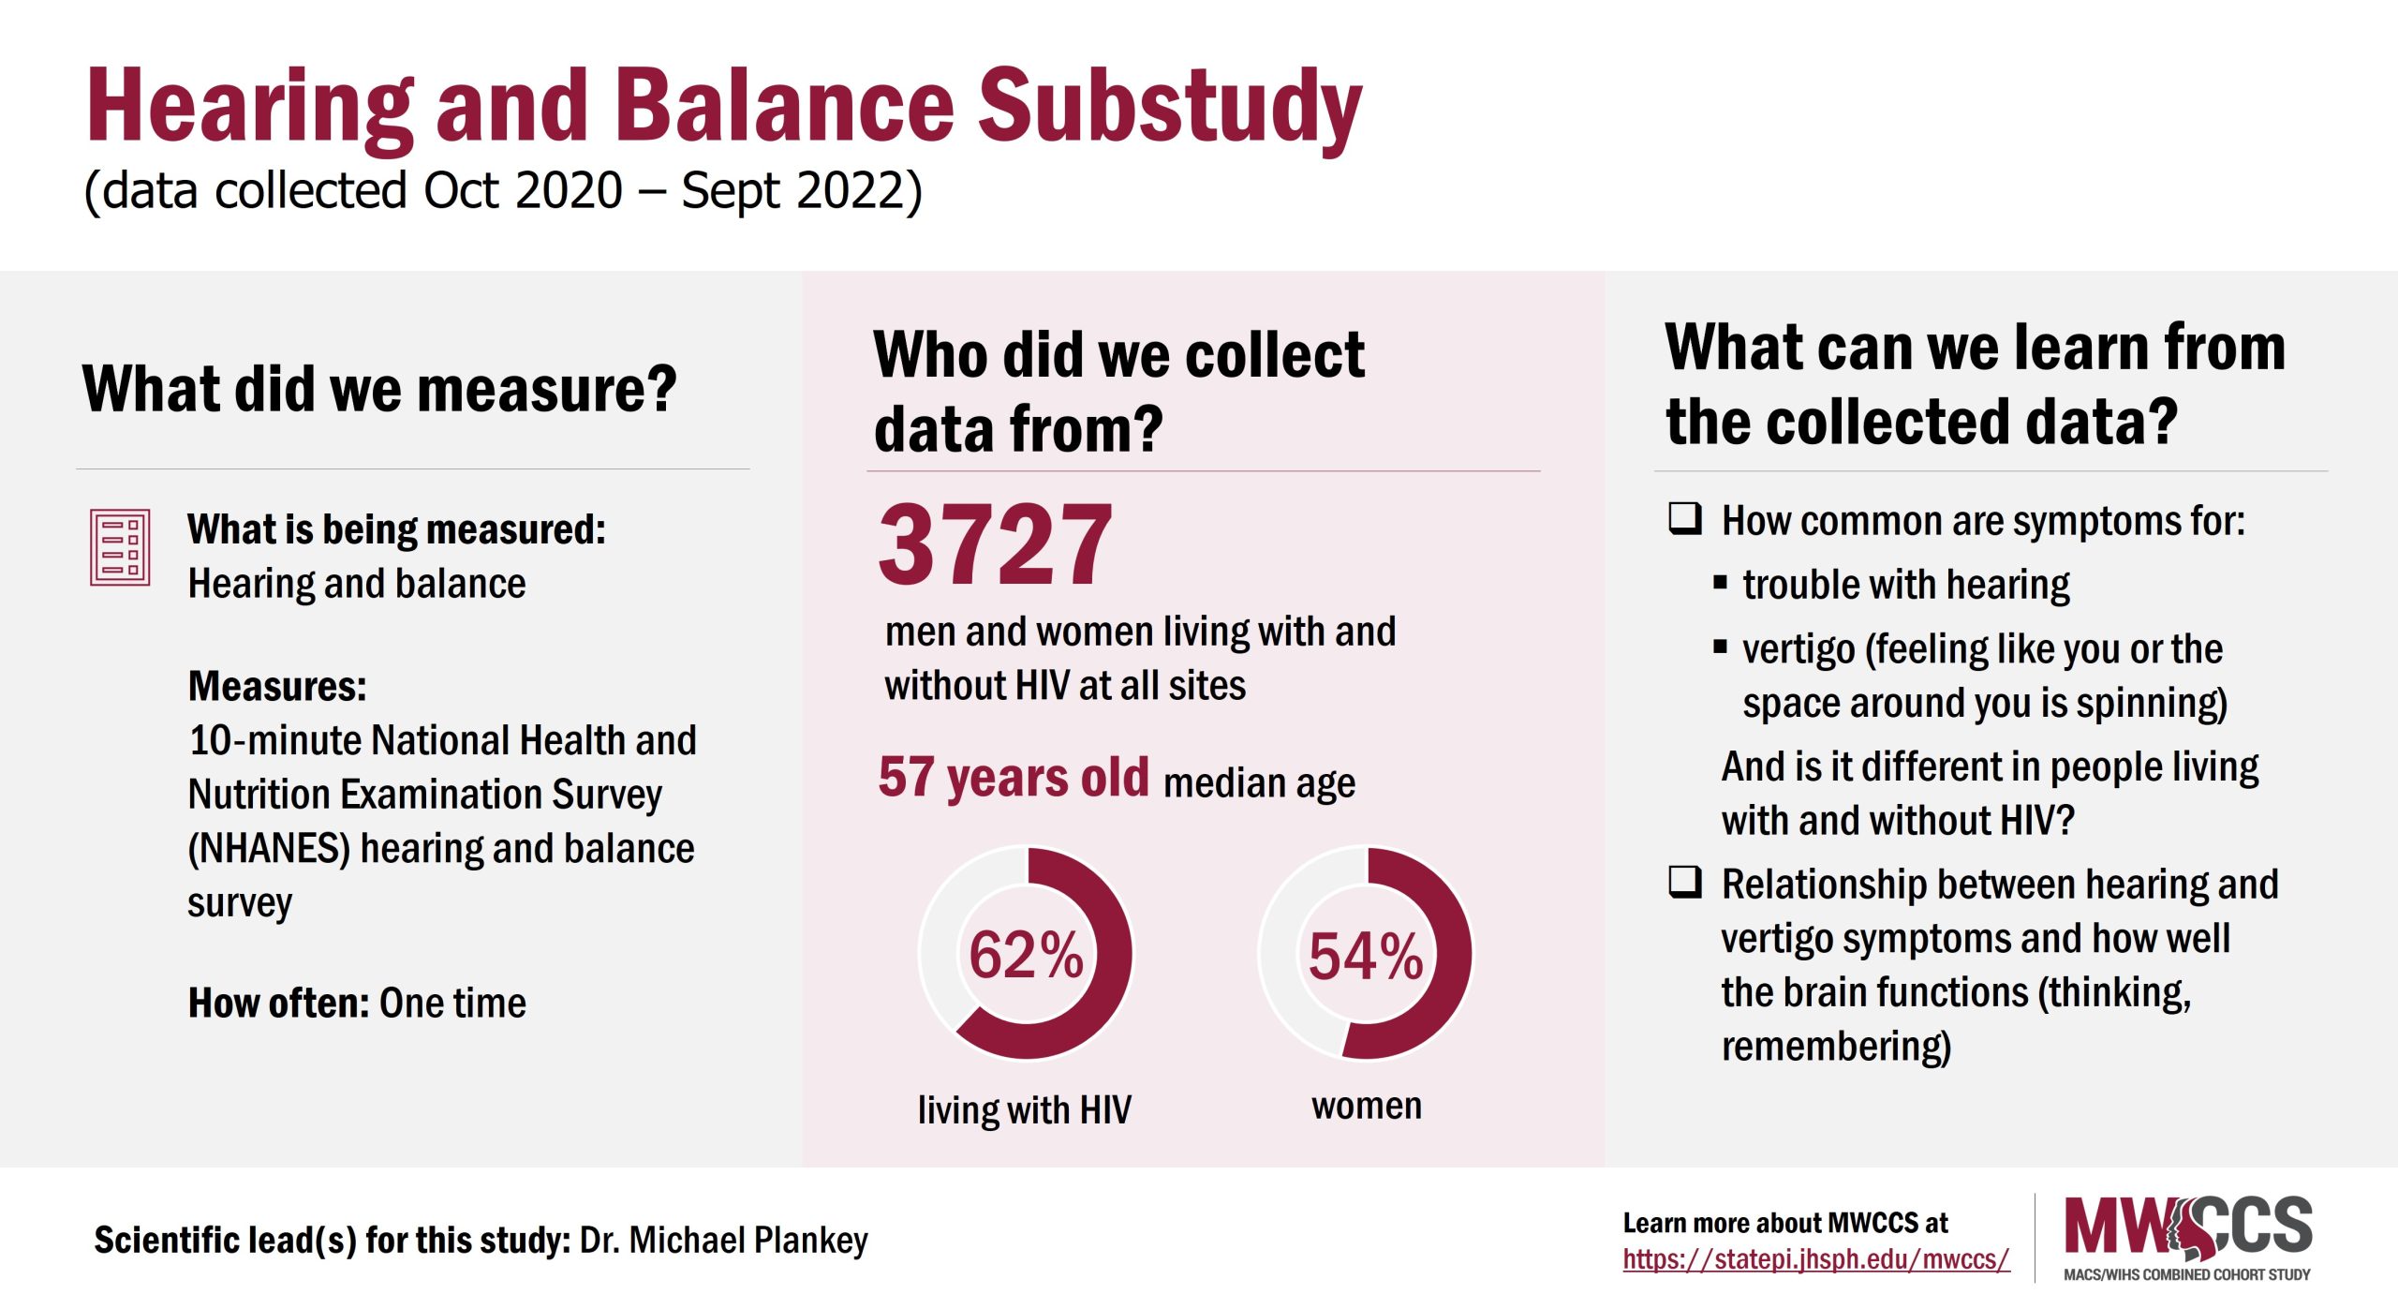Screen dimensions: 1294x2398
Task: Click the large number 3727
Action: [x=995, y=546]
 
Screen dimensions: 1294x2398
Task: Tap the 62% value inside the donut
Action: [x=1026, y=956]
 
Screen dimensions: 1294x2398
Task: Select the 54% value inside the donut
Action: [x=1366, y=957]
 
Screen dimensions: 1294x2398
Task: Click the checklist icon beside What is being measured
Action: [x=120, y=547]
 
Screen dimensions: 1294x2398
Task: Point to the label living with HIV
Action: [x=1024, y=1110]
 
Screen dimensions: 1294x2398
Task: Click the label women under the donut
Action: [x=1367, y=1107]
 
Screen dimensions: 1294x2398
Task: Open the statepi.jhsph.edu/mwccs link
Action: [x=1815, y=1258]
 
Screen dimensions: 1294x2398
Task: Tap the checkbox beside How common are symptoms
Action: [x=1684, y=518]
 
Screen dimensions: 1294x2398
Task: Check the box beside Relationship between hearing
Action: [x=1684, y=882]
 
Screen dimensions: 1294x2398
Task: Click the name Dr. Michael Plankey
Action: [x=723, y=1240]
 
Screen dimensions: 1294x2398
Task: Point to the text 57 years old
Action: [x=1013, y=778]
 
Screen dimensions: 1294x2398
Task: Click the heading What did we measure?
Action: [x=378, y=389]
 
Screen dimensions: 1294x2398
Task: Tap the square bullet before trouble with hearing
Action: [x=1720, y=583]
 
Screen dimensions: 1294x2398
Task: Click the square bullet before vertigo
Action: [x=1720, y=647]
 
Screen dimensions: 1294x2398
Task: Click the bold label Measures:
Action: [x=277, y=687]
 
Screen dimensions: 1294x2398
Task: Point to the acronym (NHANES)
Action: [x=269, y=849]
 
